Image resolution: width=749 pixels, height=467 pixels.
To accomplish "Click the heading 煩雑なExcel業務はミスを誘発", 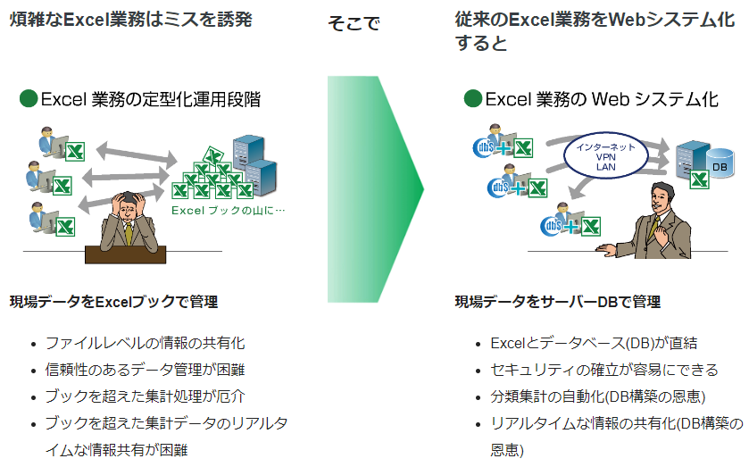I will pos(129,19).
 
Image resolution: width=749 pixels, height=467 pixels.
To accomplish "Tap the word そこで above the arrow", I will pos(354,24).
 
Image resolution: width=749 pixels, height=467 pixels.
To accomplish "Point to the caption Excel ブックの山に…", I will pos(228,212).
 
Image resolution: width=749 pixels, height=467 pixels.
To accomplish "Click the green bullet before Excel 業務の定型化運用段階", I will pos(29,99).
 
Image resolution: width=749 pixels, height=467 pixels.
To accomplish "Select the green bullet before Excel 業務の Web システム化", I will pos(472,99).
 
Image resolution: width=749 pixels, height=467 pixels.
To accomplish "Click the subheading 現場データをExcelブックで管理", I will pos(113,302).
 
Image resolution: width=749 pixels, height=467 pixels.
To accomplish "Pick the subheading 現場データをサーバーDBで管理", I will pos(558,302).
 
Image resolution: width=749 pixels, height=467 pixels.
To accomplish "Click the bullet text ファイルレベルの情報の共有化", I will pos(145,343).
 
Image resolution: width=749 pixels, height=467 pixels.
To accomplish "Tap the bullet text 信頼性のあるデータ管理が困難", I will pos(145,370).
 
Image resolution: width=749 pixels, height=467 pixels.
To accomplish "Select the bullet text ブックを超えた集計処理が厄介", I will pos(145,396).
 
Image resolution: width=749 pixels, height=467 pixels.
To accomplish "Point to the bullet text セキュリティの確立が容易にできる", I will pos(604,370).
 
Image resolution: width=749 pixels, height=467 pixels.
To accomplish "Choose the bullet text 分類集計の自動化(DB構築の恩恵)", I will pos(598,396).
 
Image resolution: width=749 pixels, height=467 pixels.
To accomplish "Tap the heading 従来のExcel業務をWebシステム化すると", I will pos(589,29).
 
